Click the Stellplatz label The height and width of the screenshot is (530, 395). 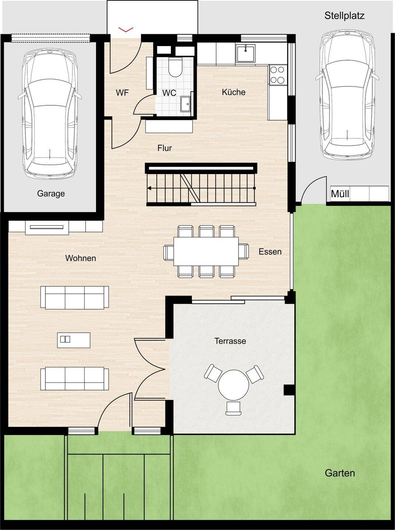[344, 16]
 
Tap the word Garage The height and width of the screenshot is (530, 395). [51, 194]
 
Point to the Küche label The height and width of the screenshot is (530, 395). [234, 92]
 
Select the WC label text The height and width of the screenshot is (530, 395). [169, 93]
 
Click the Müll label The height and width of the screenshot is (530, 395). [340, 194]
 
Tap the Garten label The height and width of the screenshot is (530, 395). [340, 473]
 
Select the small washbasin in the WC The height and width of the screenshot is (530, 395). [186, 104]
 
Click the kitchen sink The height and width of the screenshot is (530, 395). [245, 53]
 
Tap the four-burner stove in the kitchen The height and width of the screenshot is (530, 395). [277, 75]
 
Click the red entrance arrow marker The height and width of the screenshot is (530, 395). [126, 30]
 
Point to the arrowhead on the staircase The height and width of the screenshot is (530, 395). [149, 188]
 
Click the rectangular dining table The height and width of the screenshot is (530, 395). [206, 251]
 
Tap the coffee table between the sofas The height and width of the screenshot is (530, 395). [74, 340]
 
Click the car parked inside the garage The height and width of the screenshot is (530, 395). [50, 113]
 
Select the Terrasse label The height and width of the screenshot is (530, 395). [230, 341]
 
